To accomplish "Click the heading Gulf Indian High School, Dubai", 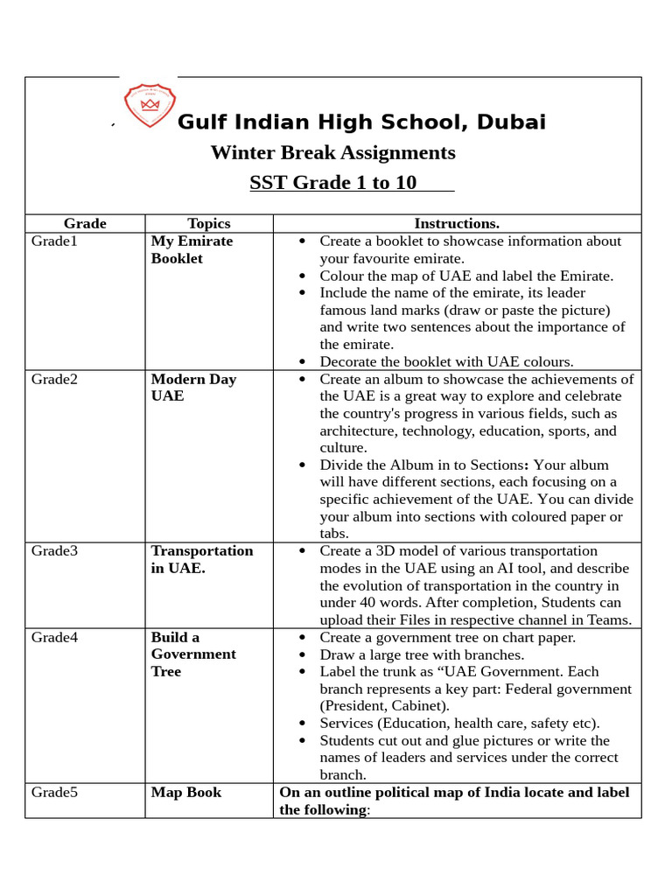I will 361,122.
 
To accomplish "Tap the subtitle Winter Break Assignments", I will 332,153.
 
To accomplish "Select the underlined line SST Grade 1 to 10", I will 333,183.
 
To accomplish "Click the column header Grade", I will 85,223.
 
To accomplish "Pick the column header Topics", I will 209,223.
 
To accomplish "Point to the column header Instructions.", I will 457,223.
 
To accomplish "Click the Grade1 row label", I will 54,241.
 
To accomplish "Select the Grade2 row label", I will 54,379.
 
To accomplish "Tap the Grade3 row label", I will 54,550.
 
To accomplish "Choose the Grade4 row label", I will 54,637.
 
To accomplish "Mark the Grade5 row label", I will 54,792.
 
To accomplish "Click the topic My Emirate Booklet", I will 192,249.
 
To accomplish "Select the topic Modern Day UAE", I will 193,388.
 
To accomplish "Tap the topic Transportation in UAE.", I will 202,559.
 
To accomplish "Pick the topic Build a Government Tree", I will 193,654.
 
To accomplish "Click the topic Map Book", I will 186,792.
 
